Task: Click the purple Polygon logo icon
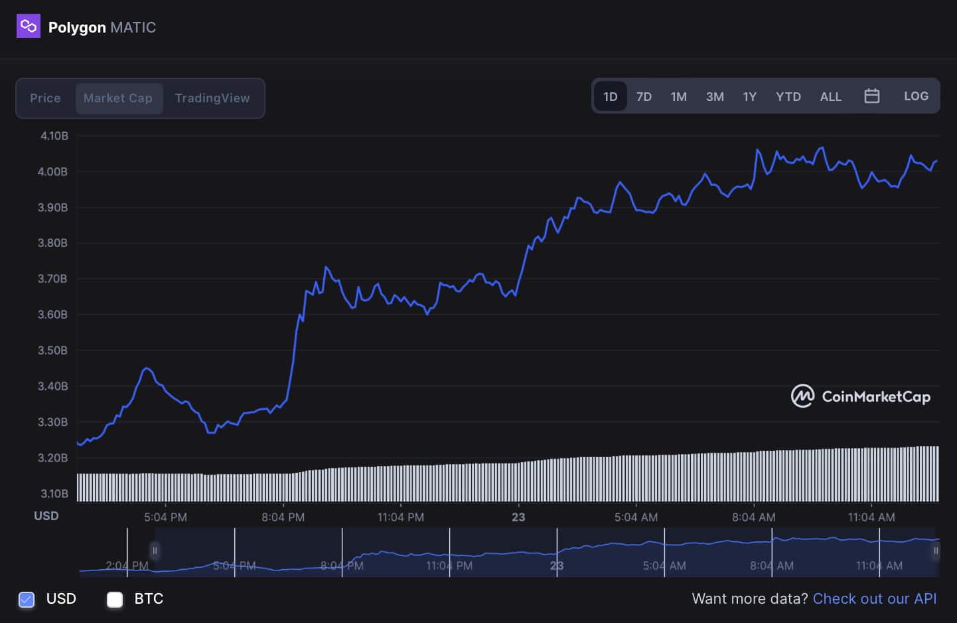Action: coord(28,27)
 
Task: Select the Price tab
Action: coord(45,98)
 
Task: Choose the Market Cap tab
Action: coord(118,98)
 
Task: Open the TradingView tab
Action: coord(212,98)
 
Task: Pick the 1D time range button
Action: coord(611,97)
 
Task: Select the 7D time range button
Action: coord(644,97)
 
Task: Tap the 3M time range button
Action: coord(715,97)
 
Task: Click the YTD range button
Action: coord(788,97)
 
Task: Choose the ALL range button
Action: coord(830,97)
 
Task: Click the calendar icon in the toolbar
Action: coord(872,96)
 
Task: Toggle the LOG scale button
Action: coord(916,96)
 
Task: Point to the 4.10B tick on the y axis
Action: coord(54,136)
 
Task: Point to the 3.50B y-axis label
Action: coord(52,351)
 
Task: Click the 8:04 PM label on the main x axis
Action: coord(283,517)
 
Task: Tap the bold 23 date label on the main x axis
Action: coord(518,517)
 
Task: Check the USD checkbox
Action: coord(27,600)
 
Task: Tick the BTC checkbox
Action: coord(115,600)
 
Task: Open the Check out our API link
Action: coord(874,599)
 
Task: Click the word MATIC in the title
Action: coord(133,28)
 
